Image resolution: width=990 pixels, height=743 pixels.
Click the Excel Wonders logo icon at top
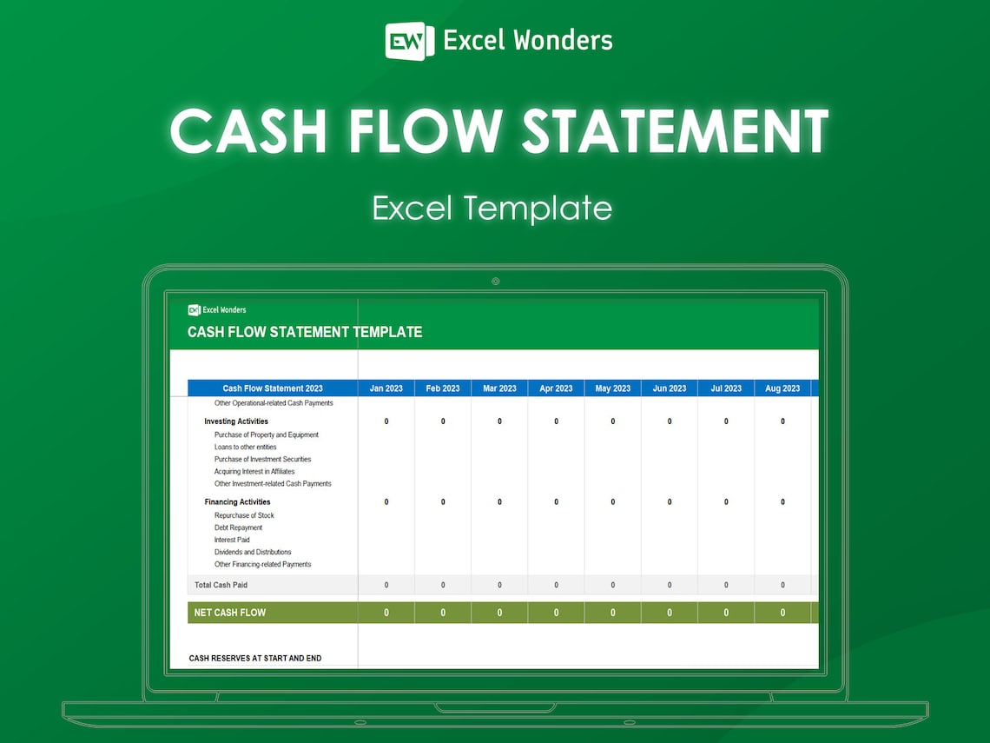coord(409,41)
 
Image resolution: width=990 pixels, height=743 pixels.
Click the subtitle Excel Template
coord(492,209)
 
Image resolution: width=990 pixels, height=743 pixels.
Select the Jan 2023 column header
coord(386,388)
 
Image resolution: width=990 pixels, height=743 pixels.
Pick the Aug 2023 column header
coord(782,388)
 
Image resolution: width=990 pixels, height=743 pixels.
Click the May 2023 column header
coord(613,388)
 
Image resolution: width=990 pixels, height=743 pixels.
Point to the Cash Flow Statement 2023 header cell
coord(273,388)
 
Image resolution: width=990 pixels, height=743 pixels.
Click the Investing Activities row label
coord(236,421)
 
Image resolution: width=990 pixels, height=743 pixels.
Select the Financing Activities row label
coord(237,502)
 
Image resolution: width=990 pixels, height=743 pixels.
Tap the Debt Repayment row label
coord(238,527)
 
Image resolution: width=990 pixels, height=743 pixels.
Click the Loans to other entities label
coord(246,447)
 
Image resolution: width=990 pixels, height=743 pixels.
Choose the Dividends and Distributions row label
coord(253,552)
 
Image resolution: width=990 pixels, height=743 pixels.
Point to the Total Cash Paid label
coord(221,585)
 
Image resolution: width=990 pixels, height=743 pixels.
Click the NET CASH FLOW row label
coord(230,613)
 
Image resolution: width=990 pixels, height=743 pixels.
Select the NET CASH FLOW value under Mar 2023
coord(499,613)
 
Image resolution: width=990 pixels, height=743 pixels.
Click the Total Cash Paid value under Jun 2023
coord(670,585)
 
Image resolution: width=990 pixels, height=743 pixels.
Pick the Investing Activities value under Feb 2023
coord(443,421)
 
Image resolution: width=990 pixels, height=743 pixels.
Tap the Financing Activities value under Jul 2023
coord(726,502)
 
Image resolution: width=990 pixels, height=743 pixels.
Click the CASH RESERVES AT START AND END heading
coord(255,659)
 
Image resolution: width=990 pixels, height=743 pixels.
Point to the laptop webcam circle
coord(495,281)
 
